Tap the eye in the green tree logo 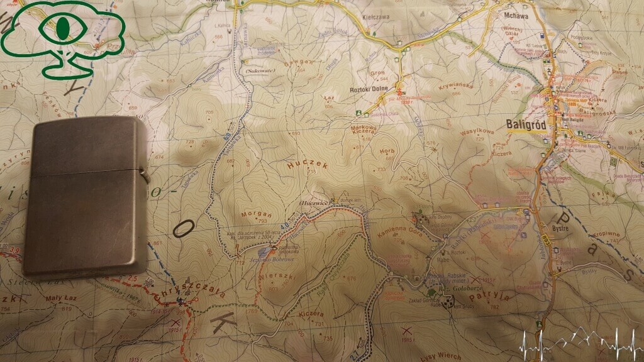pyautogui.click(x=62, y=27)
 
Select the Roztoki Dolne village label pyautogui.click(x=367, y=89)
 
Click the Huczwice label pyautogui.click(x=311, y=203)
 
